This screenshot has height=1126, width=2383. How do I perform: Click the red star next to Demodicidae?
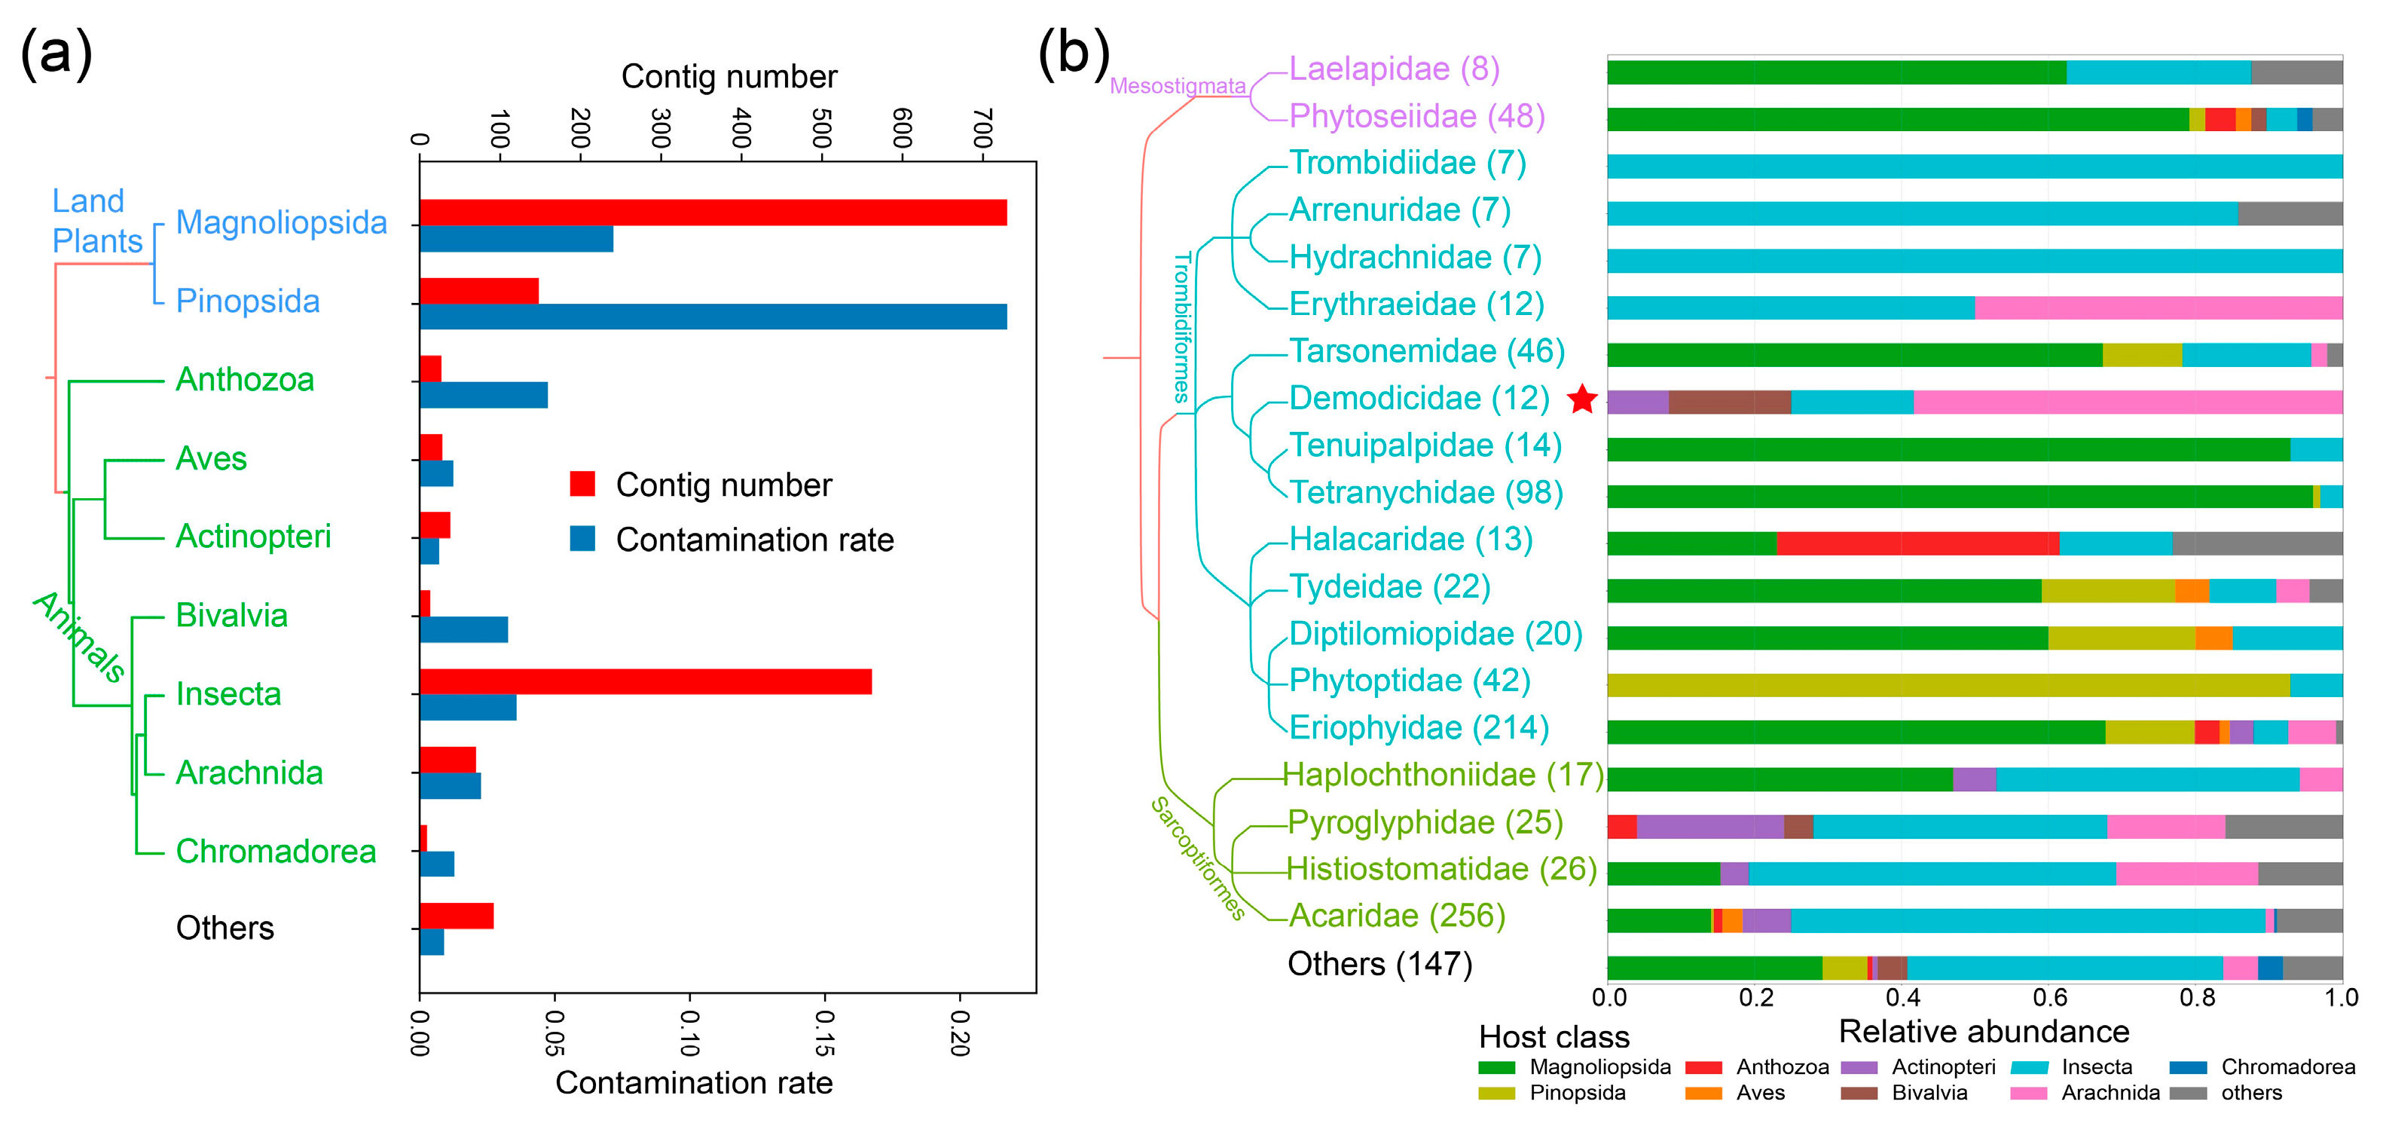(x=1583, y=399)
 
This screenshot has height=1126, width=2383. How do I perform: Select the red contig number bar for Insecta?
(x=645, y=682)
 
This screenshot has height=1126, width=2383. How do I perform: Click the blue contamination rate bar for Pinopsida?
(x=712, y=317)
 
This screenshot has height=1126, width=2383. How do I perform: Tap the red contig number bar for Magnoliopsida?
(x=712, y=213)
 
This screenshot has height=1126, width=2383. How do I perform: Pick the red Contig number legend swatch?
(x=582, y=484)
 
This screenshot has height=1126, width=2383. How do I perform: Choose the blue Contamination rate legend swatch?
(x=582, y=538)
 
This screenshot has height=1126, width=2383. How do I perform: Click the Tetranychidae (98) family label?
(x=1425, y=493)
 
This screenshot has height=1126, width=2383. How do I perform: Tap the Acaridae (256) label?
(x=1397, y=916)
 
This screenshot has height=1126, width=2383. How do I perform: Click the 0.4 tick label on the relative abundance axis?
(x=1902, y=997)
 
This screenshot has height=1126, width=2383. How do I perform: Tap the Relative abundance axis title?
(x=1984, y=1032)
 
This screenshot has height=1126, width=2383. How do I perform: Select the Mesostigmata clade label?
(x=1177, y=86)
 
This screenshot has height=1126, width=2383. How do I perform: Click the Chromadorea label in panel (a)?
(x=276, y=851)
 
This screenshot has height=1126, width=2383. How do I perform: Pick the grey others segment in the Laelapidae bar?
(x=2296, y=73)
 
